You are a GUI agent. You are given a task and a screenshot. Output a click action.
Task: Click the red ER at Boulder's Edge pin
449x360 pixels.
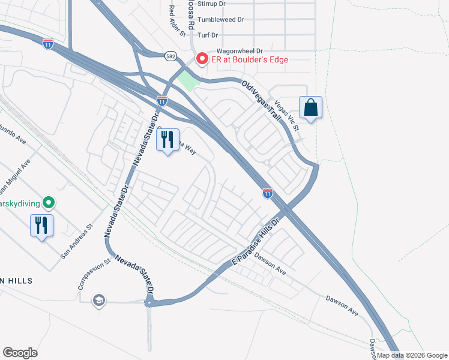coord(202,59)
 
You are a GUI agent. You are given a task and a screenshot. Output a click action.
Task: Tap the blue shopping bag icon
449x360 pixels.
coord(310,108)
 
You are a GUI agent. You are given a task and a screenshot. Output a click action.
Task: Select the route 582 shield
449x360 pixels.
coord(170,55)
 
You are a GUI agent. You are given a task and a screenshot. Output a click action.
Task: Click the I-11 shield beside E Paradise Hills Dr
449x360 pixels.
coord(268,193)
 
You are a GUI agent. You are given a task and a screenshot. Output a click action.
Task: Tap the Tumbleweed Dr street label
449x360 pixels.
coord(223,19)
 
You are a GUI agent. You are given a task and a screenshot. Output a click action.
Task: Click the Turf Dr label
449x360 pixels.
coord(214,35)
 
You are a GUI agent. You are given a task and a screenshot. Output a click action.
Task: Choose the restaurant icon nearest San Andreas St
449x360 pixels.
coord(41,226)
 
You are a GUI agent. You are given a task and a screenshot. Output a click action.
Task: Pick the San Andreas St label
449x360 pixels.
coord(77,242)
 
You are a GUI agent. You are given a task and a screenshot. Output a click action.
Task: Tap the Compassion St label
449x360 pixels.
coord(92,273)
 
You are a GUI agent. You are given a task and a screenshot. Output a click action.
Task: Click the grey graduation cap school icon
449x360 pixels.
coord(97,299)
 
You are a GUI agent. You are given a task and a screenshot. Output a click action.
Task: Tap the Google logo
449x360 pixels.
coord(20,352)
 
